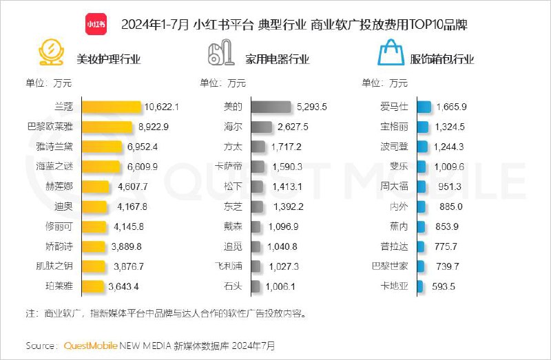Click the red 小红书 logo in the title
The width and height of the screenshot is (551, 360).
[96, 23]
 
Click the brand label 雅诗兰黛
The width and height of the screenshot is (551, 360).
[55, 147]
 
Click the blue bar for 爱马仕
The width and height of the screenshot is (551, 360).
[424, 107]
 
